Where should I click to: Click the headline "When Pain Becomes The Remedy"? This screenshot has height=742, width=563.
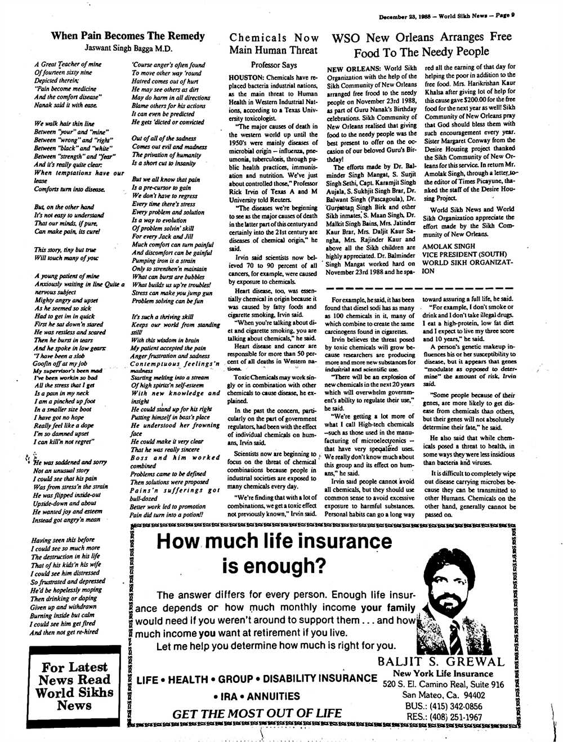pyautogui.click(x=128, y=36)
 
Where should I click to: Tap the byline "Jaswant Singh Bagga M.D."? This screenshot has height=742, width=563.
pyautogui.click(x=128, y=48)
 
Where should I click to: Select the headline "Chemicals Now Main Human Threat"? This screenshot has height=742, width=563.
pyautogui.click(x=274, y=43)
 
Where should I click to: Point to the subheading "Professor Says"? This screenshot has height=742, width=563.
pyautogui.click(x=274, y=65)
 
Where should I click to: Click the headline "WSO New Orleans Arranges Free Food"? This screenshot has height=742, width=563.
pyautogui.click(x=421, y=44)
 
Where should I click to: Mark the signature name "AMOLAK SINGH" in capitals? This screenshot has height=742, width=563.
pyautogui.click(x=448, y=246)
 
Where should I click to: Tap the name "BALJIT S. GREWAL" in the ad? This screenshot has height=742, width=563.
pyautogui.click(x=440, y=661)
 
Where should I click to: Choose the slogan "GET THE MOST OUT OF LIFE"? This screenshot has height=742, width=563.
pyautogui.click(x=257, y=714)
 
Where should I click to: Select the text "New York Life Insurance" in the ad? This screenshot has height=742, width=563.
pyautogui.click(x=443, y=673)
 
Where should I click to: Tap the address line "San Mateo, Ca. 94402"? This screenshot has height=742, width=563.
pyautogui.click(x=444, y=695)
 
